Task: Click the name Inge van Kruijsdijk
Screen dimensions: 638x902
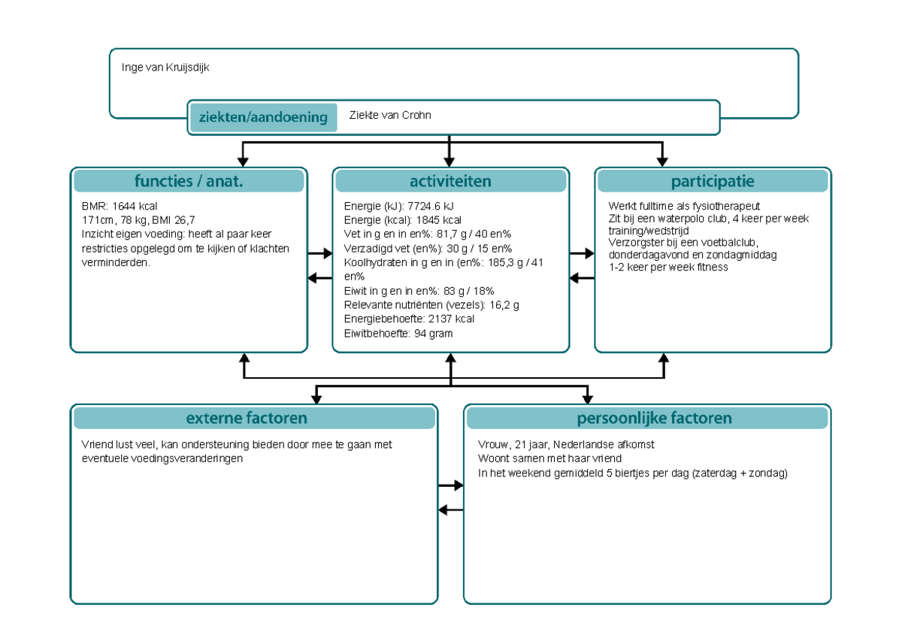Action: tap(165, 68)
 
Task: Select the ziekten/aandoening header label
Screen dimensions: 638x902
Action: tap(262, 117)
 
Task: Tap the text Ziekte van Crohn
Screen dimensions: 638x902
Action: tap(389, 116)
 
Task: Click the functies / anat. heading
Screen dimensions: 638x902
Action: tap(189, 181)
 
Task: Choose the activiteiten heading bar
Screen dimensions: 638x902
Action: tap(450, 181)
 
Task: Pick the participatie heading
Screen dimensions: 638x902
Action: tap(712, 181)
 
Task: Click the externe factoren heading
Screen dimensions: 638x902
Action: tap(247, 418)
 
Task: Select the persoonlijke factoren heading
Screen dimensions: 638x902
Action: tap(654, 418)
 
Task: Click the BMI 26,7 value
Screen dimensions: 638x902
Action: tap(173, 219)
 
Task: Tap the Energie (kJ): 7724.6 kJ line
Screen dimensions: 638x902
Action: tap(398, 206)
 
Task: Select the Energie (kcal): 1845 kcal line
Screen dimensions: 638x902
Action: tap(402, 220)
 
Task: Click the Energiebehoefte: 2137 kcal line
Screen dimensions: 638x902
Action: tap(408, 319)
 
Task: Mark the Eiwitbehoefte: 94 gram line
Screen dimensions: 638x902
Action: tap(398, 333)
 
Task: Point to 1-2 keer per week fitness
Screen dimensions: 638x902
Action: tap(667, 268)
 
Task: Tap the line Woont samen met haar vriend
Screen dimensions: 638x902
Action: tap(549, 458)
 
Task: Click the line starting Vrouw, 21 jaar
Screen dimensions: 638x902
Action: tap(565, 444)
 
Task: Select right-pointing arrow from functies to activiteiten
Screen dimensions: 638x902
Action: tap(320, 254)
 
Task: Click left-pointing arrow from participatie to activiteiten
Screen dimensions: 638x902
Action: tap(582, 278)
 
